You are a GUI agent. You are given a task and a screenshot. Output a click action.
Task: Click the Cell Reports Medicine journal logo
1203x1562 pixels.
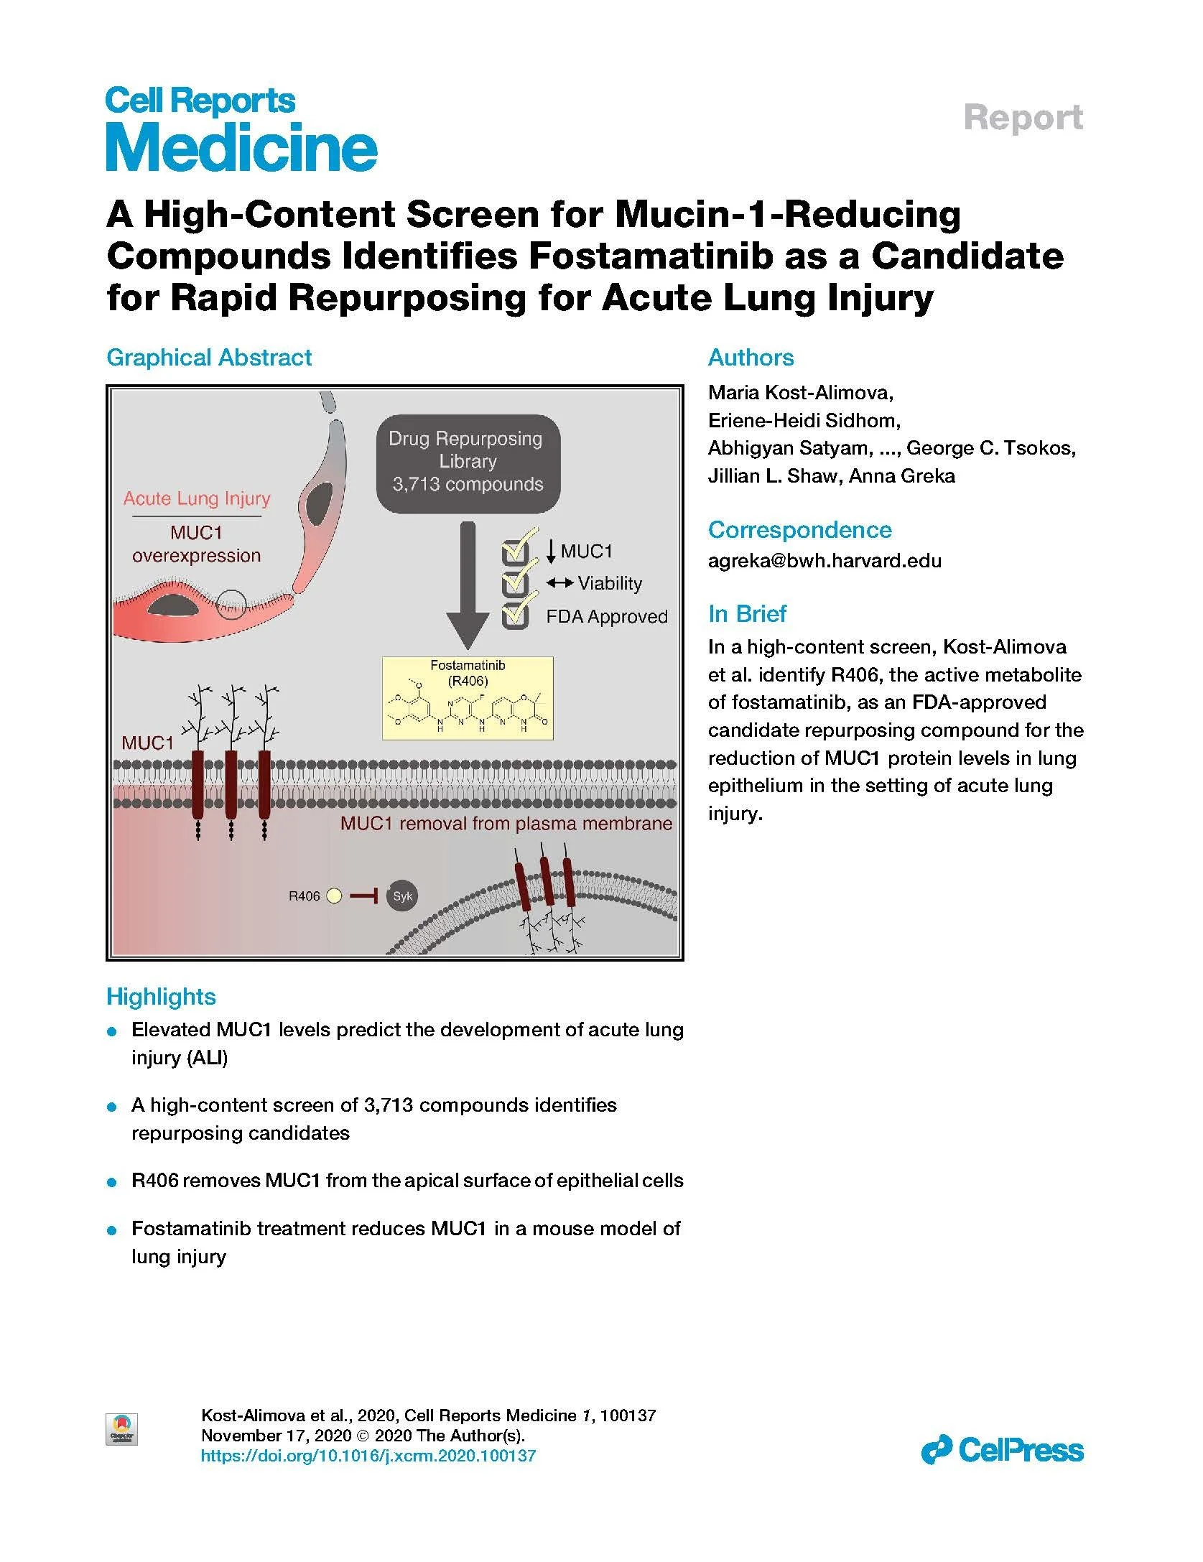pyautogui.click(x=241, y=129)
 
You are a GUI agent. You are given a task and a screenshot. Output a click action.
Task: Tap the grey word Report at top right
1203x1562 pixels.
pyautogui.click(x=1023, y=118)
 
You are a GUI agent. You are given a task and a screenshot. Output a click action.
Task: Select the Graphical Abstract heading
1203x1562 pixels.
pyautogui.click(x=208, y=357)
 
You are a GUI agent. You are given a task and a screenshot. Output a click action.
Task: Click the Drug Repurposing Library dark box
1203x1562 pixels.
pyautogui.click(x=468, y=462)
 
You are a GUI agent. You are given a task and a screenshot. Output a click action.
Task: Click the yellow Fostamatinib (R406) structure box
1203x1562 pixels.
pyautogui.click(x=468, y=697)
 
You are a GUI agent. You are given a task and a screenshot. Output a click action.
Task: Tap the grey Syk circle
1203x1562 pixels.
pyautogui.click(x=402, y=896)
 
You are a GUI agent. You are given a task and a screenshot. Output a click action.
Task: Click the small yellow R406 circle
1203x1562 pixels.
pyautogui.click(x=334, y=896)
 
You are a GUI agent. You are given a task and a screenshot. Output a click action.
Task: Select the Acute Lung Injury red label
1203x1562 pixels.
pyautogui.click(x=197, y=498)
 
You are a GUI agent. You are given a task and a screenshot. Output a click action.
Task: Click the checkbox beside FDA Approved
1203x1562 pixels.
pyautogui.click(x=515, y=616)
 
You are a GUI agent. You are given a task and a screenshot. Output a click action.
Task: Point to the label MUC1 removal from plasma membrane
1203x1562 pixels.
pyautogui.click(x=506, y=823)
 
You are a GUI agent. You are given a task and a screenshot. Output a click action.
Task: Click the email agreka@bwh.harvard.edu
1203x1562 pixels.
pyautogui.click(x=825, y=560)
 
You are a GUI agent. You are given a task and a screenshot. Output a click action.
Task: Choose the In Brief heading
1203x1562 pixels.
pyautogui.click(x=747, y=613)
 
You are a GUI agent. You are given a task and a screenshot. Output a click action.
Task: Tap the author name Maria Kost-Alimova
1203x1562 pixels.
pyautogui.click(x=800, y=392)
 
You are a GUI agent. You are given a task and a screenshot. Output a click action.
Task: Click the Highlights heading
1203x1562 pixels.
pyautogui.click(x=161, y=996)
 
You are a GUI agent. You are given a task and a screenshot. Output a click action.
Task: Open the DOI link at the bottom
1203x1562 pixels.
pyautogui.click(x=368, y=1456)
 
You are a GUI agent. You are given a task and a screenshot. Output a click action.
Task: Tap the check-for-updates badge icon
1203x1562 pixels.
pyautogui.click(x=121, y=1428)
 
